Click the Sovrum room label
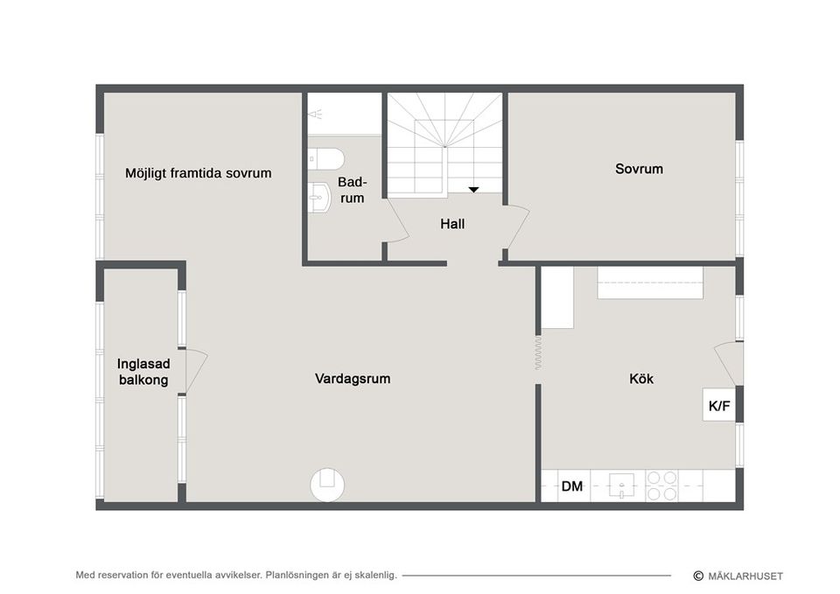639,169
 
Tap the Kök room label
641,379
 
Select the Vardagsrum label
353,379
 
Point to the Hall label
452,224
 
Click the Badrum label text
352,190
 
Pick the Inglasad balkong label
143,372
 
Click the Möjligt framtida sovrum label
198,173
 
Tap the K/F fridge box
719,405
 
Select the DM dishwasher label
572,486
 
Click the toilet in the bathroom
326,158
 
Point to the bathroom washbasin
317,200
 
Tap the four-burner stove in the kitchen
661,486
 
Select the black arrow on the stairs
473,188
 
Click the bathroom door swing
396,227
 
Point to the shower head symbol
317,114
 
